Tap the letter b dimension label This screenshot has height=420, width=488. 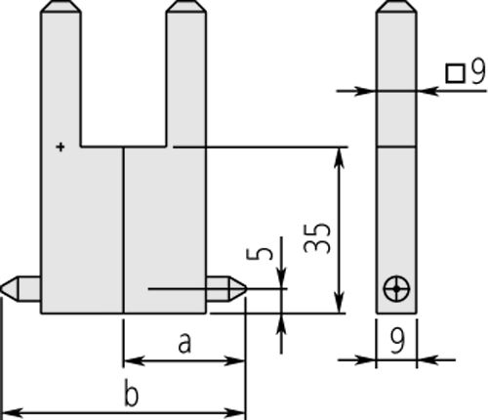pyautogui.click(x=131, y=395)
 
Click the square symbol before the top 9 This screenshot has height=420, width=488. pyautogui.click(x=454, y=72)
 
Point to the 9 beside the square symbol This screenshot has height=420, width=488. pyautogui.click(x=476, y=71)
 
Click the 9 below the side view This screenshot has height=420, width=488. pyautogui.click(x=397, y=341)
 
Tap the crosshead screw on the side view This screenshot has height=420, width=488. pyautogui.click(x=397, y=289)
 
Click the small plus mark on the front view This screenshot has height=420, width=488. pyautogui.click(x=61, y=147)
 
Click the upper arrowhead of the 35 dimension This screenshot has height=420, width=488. pyautogui.click(x=338, y=155)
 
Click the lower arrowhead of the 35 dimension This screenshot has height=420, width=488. pyautogui.click(x=338, y=306)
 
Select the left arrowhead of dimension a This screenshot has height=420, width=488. pyautogui.click(x=130, y=360)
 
